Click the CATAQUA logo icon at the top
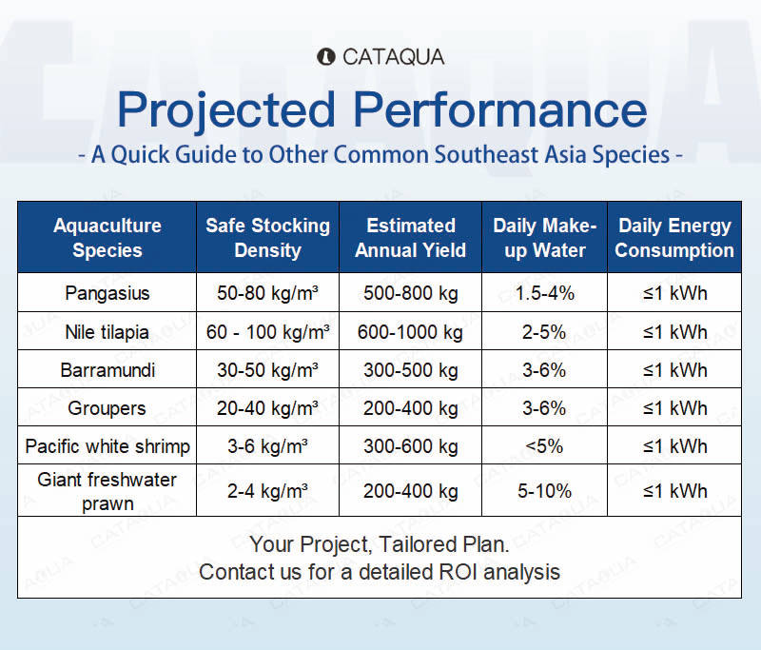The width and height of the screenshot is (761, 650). click(x=325, y=57)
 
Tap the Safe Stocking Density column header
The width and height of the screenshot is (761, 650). click(x=267, y=238)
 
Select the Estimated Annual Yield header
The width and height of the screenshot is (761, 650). click(x=411, y=238)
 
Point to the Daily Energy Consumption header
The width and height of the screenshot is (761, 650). click(x=674, y=238)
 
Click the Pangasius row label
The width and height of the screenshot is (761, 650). click(x=107, y=294)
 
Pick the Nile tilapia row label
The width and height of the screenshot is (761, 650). click(x=107, y=332)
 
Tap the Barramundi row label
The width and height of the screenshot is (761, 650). click(x=107, y=370)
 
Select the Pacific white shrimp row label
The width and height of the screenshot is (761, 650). click(x=107, y=446)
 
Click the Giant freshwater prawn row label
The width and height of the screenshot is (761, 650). click(x=107, y=491)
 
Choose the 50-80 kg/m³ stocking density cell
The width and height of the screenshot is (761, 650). click(x=267, y=294)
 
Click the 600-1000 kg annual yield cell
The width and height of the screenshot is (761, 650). click(x=411, y=332)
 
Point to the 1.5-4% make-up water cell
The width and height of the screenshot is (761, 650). click(x=544, y=294)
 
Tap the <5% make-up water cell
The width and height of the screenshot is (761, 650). click(x=544, y=446)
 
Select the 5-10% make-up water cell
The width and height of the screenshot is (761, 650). click(x=544, y=491)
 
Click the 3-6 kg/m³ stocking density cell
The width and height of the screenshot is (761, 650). click(x=267, y=446)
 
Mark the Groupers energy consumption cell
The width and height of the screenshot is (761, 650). click(x=674, y=408)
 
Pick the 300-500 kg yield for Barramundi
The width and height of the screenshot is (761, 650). click(x=411, y=370)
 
